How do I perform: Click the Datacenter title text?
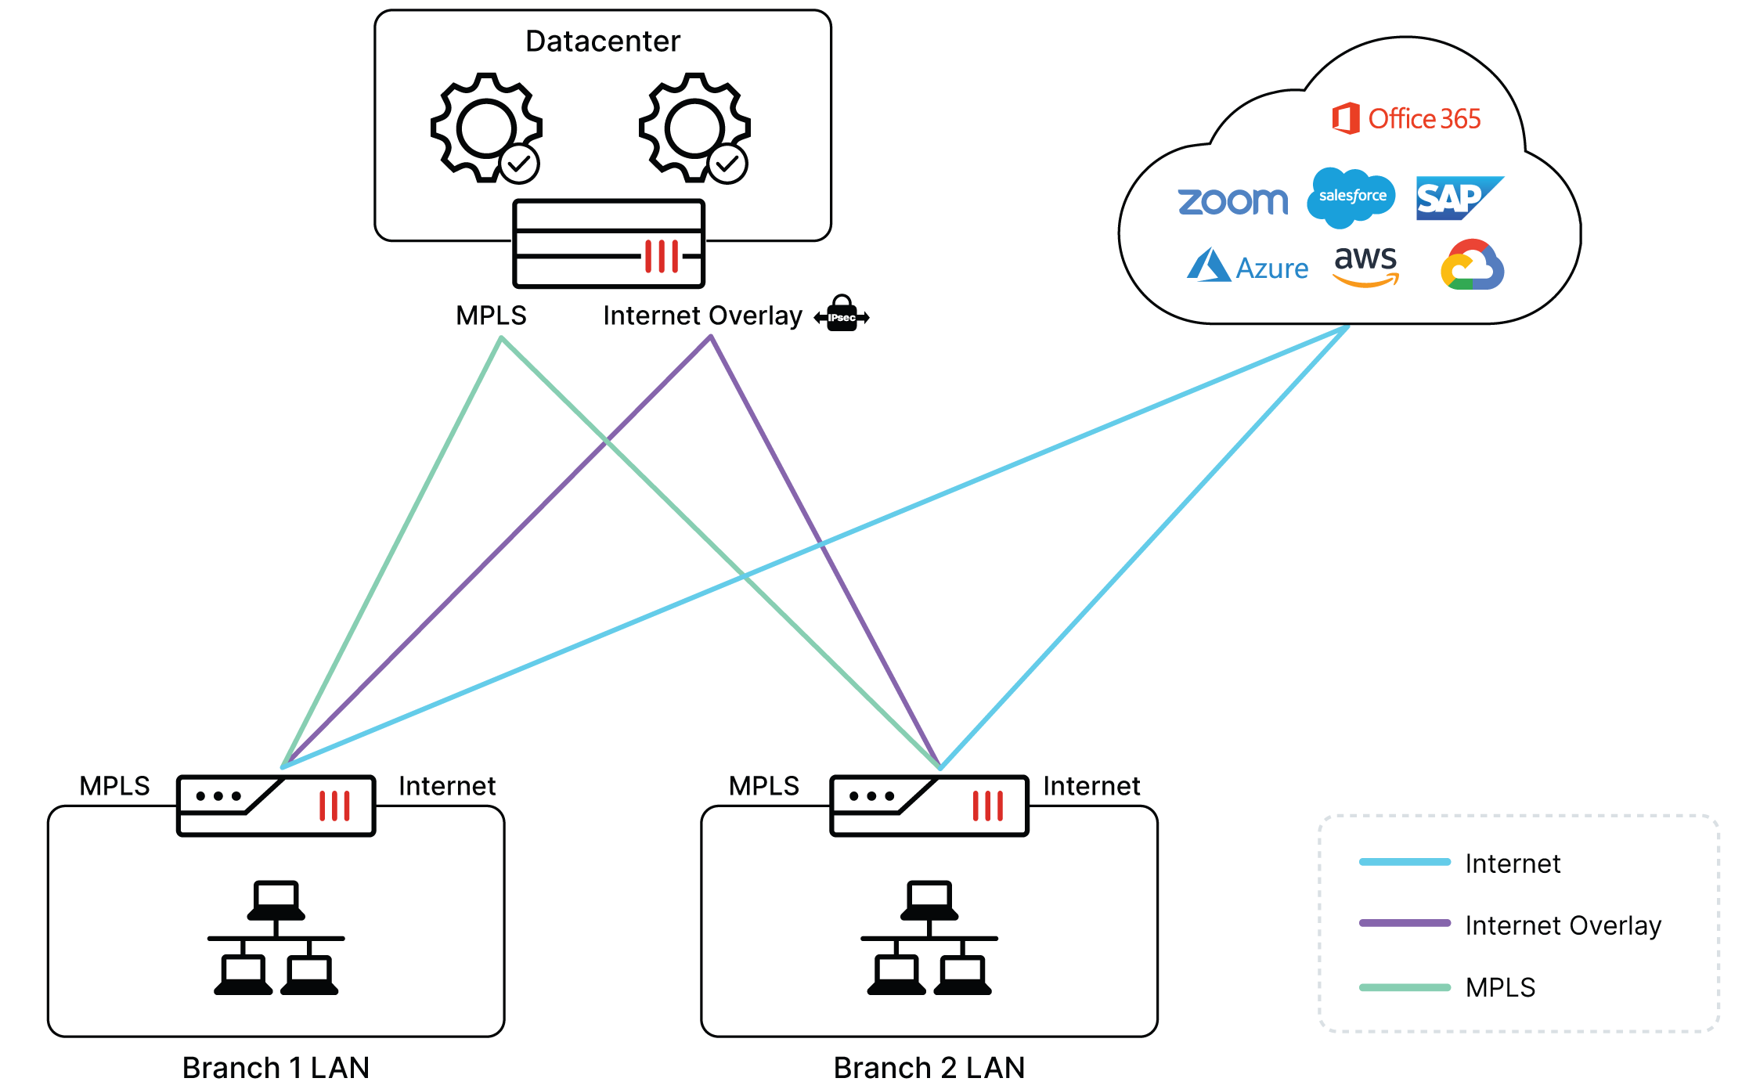(602, 41)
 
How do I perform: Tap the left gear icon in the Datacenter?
(486, 128)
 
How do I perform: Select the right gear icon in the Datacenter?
(694, 128)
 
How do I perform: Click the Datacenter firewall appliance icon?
(608, 243)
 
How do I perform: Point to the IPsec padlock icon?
(842, 315)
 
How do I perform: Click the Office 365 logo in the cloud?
(1406, 119)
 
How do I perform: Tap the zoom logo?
(1232, 201)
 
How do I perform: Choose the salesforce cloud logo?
(1351, 197)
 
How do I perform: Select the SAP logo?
(1457, 198)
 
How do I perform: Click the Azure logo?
(1247, 266)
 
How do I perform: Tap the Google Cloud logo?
(1472, 265)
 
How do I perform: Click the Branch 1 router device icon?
(276, 806)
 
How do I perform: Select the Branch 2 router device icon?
(929, 806)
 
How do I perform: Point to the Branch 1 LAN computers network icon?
(276, 938)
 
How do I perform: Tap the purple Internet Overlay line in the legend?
(1405, 923)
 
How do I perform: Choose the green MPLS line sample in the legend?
(1405, 987)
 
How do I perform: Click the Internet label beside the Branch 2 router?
(1091, 786)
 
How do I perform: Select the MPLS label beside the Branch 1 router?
(114, 786)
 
